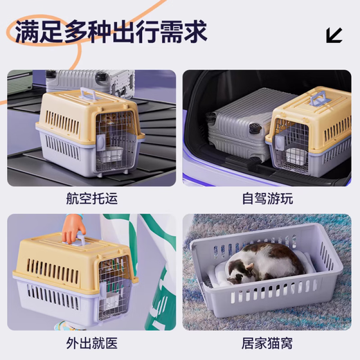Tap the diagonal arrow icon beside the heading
click(x=334, y=35)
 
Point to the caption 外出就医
click(x=89, y=345)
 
